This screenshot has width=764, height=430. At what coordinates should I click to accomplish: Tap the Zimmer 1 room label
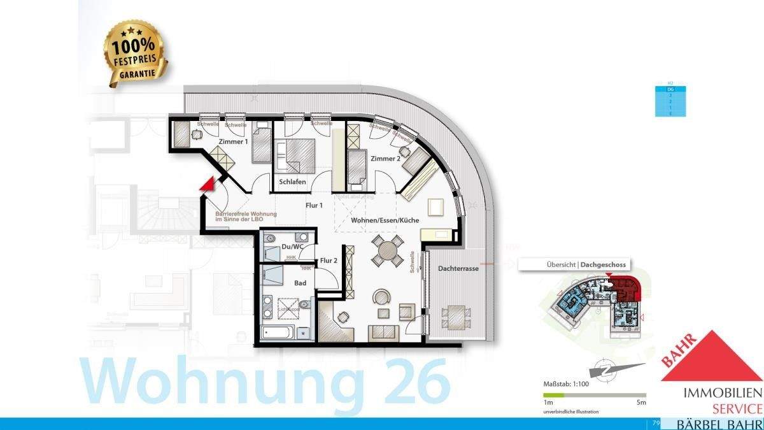click(233, 141)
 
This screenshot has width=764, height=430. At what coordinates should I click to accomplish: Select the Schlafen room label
click(292, 182)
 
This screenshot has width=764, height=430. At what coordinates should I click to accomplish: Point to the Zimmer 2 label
click(385, 159)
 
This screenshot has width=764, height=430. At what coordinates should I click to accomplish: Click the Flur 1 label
click(315, 205)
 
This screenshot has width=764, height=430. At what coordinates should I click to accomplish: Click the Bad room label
click(301, 282)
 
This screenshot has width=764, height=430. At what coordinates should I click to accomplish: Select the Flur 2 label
click(329, 261)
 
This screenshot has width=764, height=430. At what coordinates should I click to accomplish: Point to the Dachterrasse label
click(458, 269)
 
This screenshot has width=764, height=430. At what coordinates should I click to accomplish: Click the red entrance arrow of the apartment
click(206, 184)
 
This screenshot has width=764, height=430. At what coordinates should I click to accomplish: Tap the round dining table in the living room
click(387, 250)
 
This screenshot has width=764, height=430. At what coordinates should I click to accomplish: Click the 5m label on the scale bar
click(641, 403)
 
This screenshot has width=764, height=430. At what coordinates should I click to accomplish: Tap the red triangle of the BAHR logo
click(712, 357)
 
